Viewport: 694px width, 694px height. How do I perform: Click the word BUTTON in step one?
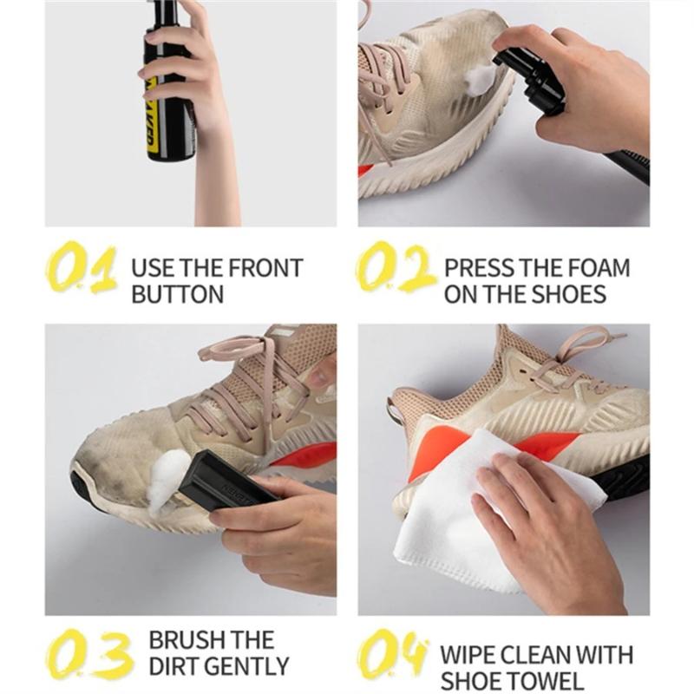[x=177, y=294]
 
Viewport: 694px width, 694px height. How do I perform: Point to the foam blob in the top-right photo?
[x=479, y=81]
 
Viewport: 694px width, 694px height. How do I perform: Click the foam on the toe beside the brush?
[x=165, y=481]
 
